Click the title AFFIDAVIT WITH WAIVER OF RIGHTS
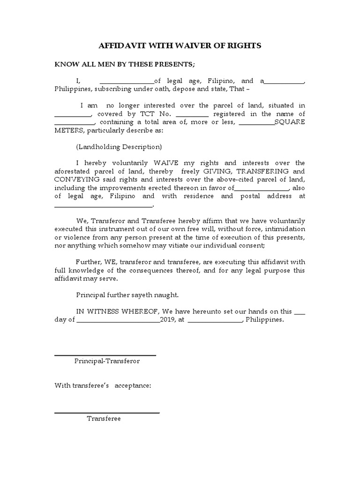[180, 46]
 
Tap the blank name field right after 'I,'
[127, 82]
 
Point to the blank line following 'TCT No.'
[192, 115]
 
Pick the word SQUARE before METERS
[290, 122]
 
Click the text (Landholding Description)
[119, 147]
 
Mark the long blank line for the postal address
[104, 205]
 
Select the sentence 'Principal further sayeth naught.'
[127, 295]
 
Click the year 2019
[167, 320]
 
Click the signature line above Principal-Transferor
[105, 355]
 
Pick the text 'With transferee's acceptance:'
[103, 385]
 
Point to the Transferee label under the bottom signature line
[104, 419]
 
